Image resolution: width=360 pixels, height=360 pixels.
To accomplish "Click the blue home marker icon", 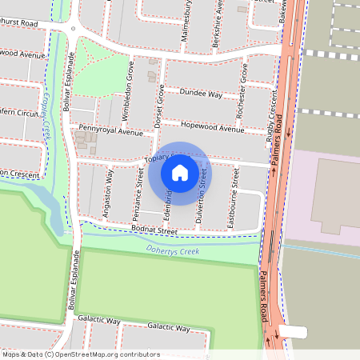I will [x=180, y=172].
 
